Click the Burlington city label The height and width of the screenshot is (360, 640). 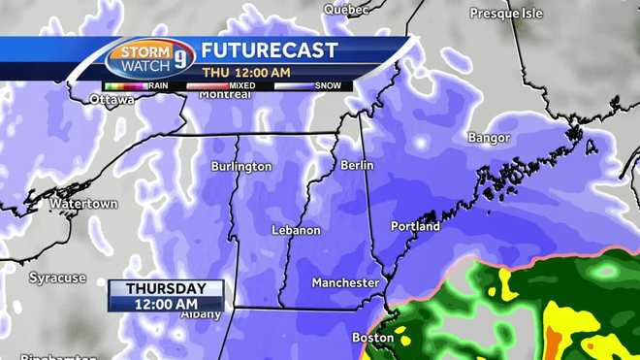pos(241,167)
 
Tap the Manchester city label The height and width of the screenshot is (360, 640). pos(345,282)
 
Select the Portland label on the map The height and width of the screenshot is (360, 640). pos(415,226)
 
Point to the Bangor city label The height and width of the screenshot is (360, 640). pos(488,138)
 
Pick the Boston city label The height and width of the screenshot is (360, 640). pos(372,338)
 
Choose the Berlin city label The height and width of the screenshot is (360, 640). pos(357,165)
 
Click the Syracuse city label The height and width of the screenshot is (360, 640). pos(57,278)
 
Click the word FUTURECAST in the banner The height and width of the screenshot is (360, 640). pos(270,50)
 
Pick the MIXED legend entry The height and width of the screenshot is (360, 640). pos(242,85)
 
